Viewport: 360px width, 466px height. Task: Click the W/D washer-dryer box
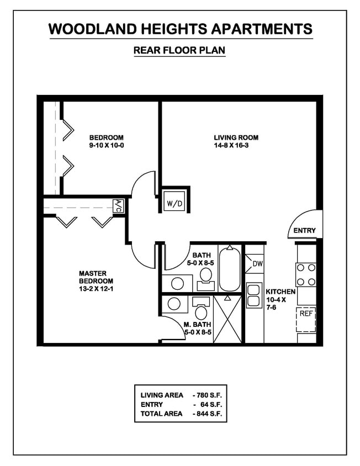[x=174, y=203]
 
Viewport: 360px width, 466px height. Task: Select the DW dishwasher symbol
[x=257, y=263]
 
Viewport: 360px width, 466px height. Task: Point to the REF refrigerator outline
[x=306, y=319]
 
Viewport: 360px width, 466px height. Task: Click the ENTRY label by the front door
[x=304, y=230]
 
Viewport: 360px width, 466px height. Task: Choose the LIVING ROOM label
[x=236, y=137]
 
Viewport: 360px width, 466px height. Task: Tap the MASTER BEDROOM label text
[x=92, y=277]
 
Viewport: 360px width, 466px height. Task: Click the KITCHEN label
[x=280, y=292]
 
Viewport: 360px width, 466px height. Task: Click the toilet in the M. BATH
[x=201, y=311]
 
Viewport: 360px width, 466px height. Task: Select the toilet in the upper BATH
[x=206, y=274]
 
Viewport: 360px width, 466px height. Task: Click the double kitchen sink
[x=254, y=295]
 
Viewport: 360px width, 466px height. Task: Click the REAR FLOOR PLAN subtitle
[x=179, y=50]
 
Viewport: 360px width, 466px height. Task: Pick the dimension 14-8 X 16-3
[x=236, y=146]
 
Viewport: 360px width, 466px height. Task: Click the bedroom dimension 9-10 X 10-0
[x=107, y=146]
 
